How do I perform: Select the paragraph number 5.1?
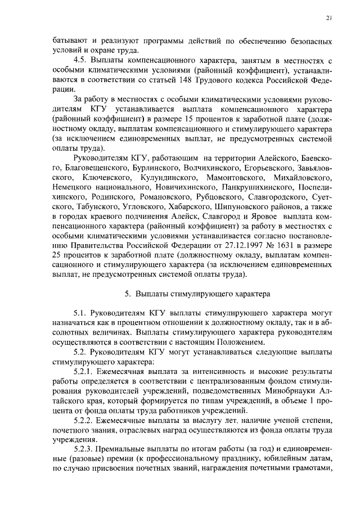point(82,313)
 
